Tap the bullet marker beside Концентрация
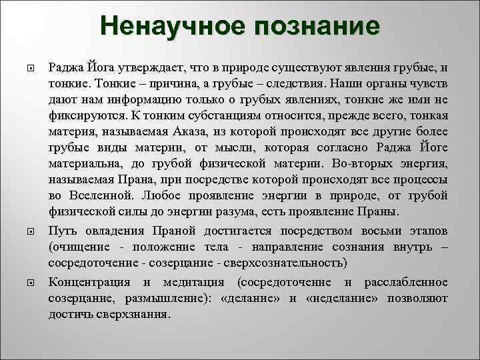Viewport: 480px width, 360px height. coord(29,283)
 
